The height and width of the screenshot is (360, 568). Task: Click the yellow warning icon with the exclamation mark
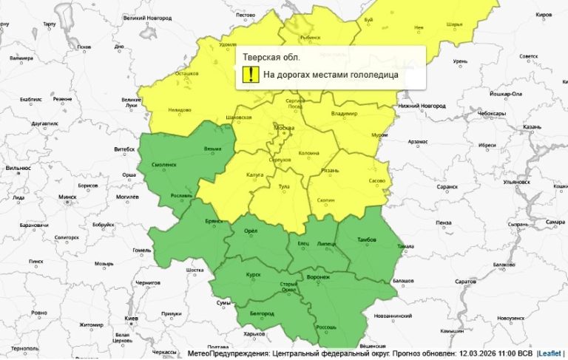250,74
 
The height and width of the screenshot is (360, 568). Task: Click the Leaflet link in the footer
550,353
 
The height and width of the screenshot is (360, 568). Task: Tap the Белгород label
262,313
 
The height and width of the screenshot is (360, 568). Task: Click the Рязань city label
329,171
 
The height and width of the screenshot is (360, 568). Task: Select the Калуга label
254,174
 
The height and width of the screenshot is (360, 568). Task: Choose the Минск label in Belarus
67,197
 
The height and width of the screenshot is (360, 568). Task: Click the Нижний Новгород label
422,106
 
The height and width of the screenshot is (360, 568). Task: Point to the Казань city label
532,127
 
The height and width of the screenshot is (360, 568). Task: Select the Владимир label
345,113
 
